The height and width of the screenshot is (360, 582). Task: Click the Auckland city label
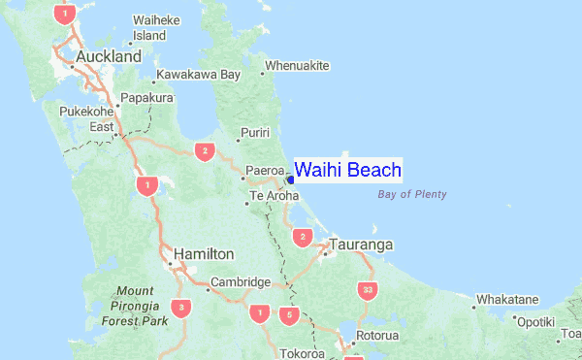[x=108, y=57]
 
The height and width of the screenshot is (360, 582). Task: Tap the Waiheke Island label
[x=150, y=28]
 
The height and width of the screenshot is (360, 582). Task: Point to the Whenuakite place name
[x=298, y=66]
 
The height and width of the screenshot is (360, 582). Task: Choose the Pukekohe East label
[x=88, y=119]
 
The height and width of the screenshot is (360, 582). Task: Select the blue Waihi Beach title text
[x=347, y=171]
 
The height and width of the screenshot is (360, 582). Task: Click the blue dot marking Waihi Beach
[x=289, y=180]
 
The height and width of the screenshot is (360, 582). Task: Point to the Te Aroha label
[x=272, y=196]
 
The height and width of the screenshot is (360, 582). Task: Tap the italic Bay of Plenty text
[x=411, y=195]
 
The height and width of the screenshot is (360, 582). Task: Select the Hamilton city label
[x=203, y=254]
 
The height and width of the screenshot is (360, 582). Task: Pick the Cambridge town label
[x=240, y=282]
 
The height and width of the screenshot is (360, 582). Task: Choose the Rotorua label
[x=377, y=336]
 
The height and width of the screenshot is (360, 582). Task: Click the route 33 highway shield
[x=366, y=289]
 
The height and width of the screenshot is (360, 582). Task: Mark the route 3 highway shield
[x=180, y=308]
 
